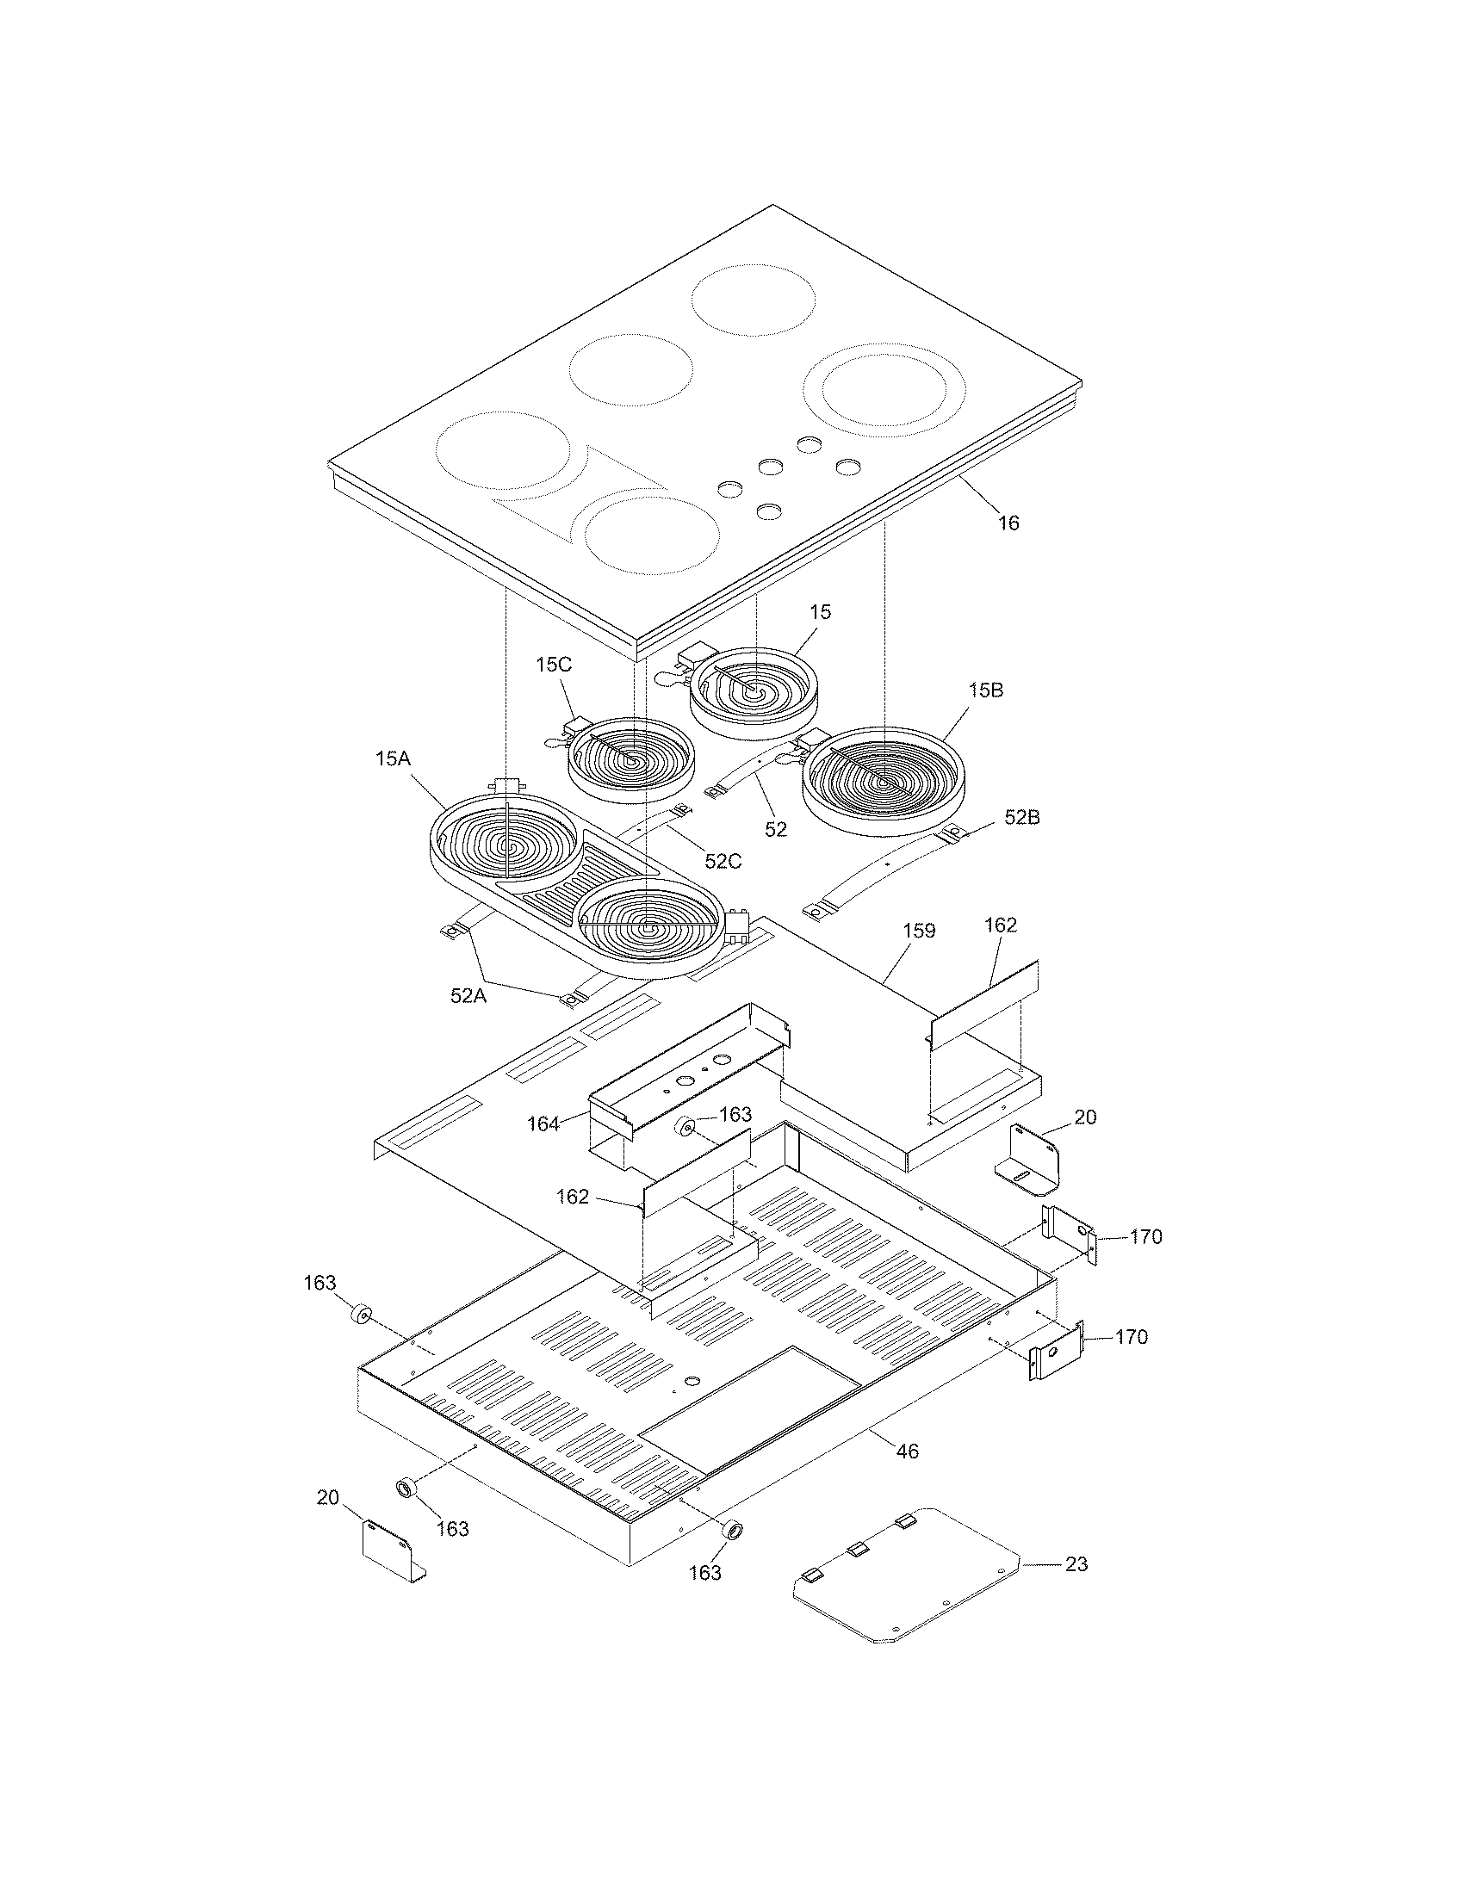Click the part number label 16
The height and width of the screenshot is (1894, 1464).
(x=1008, y=523)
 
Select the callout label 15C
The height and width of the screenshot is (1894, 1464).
(x=554, y=665)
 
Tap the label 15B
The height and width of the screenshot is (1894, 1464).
(x=986, y=690)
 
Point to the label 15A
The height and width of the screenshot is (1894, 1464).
(x=392, y=758)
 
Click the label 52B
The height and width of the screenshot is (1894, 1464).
(x=1022, y=817)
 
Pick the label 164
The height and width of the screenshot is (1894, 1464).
(x=543, y=1123)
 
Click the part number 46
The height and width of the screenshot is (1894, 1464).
(x=906, y=1451)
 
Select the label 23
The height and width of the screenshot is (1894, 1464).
(x=1076, y=1564)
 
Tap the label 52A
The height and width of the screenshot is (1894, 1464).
(x=468, y=996)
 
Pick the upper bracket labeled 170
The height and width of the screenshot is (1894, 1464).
(x=1070, y=1235)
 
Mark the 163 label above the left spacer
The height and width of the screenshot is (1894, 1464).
(x=319, y=1283)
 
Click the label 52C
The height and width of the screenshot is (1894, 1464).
(x=723, y=861)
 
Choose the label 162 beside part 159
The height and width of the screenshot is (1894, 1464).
(x=1001, y=925)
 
